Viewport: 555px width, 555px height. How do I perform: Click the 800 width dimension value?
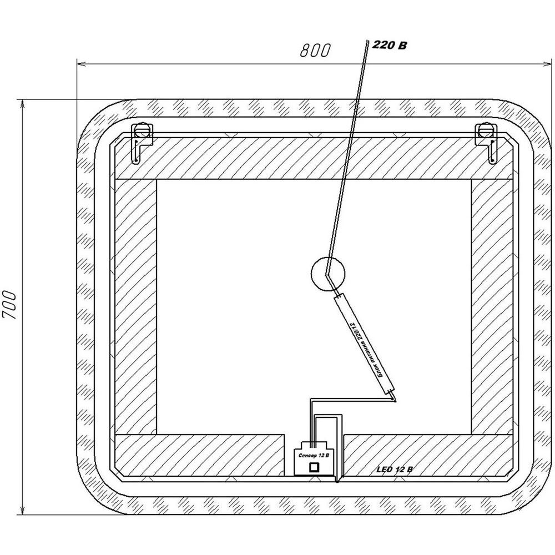pyautogui.click(x=315, y=51)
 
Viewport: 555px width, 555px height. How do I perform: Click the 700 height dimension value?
pyautogui.click(x=10, y=305)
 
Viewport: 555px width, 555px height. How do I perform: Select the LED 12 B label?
pyautogui.click(x=394, y=470)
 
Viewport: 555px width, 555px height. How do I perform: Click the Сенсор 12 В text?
pyautogui.click(x=314, y=456)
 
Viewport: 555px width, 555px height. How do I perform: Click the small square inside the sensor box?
pyautogui.click(x=314, y=467)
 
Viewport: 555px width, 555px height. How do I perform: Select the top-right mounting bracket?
pyautogui.click(x=487, y=143)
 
